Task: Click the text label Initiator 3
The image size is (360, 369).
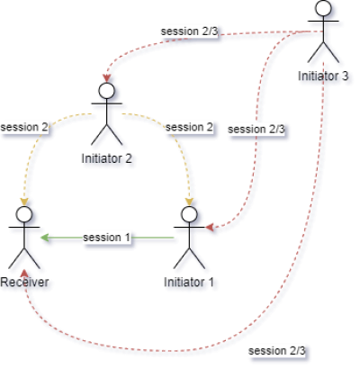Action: click(323, 76)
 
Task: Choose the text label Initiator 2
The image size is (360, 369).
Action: click(107, 158)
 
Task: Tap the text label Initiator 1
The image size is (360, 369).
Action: click(189, 282)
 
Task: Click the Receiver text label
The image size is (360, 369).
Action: click(24, 282)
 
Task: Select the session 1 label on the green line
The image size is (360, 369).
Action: click(107, 238)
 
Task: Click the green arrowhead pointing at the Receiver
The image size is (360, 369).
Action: click(44, 238)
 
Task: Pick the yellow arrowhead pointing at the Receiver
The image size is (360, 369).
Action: click(24, 202)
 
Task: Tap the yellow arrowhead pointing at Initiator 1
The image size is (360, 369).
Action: click(189, 202)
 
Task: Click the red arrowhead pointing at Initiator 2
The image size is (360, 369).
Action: click(106, 78)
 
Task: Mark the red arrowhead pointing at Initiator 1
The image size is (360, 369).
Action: click(210, 227)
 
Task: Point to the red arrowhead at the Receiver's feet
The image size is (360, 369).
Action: click(24, 274)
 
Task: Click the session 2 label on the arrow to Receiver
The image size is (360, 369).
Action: click(24, 127)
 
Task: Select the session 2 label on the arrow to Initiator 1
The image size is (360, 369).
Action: click(189, 127)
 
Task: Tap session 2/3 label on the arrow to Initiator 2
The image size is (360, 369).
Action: click(189, 31)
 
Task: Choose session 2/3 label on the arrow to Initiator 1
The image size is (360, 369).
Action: click(256, 130)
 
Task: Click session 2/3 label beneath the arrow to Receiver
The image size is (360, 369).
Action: click(277, 351)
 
